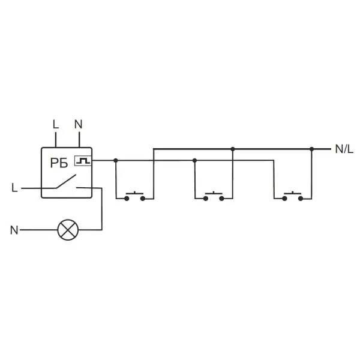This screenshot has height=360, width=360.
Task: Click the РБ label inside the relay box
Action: tap(59, 163)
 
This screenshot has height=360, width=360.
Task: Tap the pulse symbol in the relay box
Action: tap(83, 160)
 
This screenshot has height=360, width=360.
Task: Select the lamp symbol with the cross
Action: tap(68, 230)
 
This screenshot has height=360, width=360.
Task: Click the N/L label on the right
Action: tap(344, 149)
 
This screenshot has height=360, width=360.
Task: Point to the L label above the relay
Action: tap(56, 124)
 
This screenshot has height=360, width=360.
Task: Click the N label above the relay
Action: tap(78, 124)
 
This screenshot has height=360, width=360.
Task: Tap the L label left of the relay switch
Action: tap(14, 188)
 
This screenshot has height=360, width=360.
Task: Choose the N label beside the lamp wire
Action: tap(14, 230)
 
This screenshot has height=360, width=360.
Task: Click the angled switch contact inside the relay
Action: tap(66, 181)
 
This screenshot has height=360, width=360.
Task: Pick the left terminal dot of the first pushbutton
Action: tap(127, 199)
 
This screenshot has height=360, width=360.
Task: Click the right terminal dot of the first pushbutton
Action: tap(143, 199)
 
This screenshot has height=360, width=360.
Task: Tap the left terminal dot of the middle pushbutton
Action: tap(205, 199)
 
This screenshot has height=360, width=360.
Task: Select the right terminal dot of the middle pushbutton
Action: tap(221, 199)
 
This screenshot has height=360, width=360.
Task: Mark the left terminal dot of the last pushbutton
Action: tap(284, 199)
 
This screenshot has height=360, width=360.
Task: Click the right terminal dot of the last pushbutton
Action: tap(301, 199)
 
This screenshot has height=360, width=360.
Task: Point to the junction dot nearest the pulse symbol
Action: tap(116, 160)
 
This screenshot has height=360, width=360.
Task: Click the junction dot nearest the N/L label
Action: tap(311, 149)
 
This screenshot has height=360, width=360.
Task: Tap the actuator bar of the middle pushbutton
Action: tap(214, 193)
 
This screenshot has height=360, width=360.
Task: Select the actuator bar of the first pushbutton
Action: tap(134, 193)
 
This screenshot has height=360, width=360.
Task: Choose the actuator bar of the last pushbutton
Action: tap(293, 193)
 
